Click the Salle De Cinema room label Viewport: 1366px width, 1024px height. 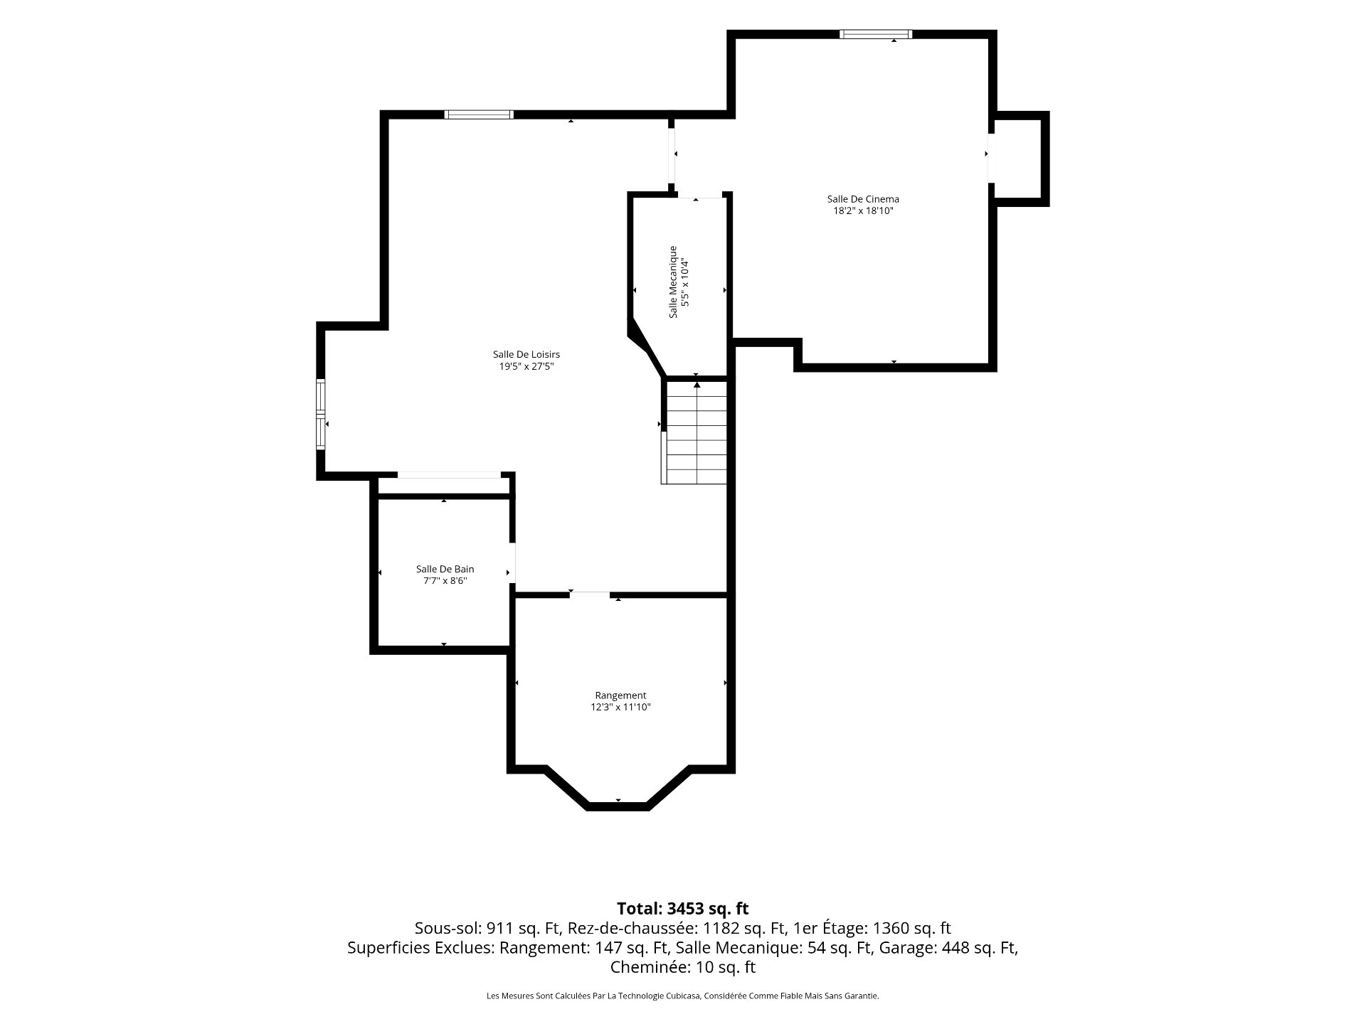click(x=863, y=199)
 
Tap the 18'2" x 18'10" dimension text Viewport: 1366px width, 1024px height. click(x=863, y=211)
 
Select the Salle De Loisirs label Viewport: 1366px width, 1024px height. click(x=526, y=354)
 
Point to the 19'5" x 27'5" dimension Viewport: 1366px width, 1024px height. click(x=526, y=366)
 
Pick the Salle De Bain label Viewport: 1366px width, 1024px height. click(x=445, y=569)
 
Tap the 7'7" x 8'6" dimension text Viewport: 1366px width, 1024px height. click(x=445, y=581)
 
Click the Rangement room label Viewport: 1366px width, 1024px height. click(x=621, y=695)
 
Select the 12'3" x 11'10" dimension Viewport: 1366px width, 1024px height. click(x=621, y=708)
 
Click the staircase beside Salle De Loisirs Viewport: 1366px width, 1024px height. click(x=694, y=432)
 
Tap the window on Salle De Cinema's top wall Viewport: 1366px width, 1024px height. click(x=875, y=33)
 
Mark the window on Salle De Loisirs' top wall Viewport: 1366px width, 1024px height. click(x=479, y=114)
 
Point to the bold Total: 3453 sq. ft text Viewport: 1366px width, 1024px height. click(x=683, y=908)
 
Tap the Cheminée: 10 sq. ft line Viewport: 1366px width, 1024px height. click(x=683, y=967)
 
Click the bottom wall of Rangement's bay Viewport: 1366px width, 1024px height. click(x=618, y=806)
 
